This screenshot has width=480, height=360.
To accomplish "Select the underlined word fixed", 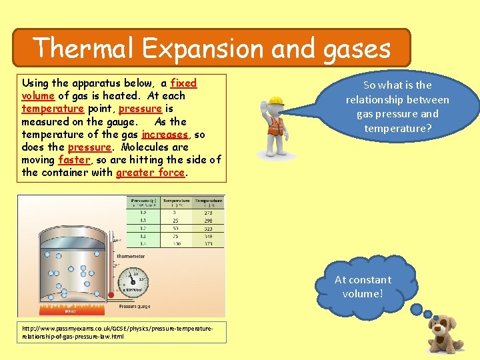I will pyautogui.click(x=183, y=83).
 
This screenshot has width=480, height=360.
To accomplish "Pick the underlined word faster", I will pyautogui.click(x=73, y=160).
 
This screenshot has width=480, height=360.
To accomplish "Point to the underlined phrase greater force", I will pyautogui.click(x=150, y=173).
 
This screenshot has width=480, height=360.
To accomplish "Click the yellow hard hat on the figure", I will pyautogui.click(x=275, y=102).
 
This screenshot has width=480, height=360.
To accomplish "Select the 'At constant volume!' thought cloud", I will pyautogui.click(x=363, y=287).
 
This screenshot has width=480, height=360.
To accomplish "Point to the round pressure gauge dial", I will pyautogui.click(x=133, y=281).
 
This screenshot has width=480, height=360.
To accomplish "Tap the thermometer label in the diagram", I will pyautogui.click(x=131, y=256).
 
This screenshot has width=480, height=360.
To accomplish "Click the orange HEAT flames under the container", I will pyautogui.click(x=70, y=308).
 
